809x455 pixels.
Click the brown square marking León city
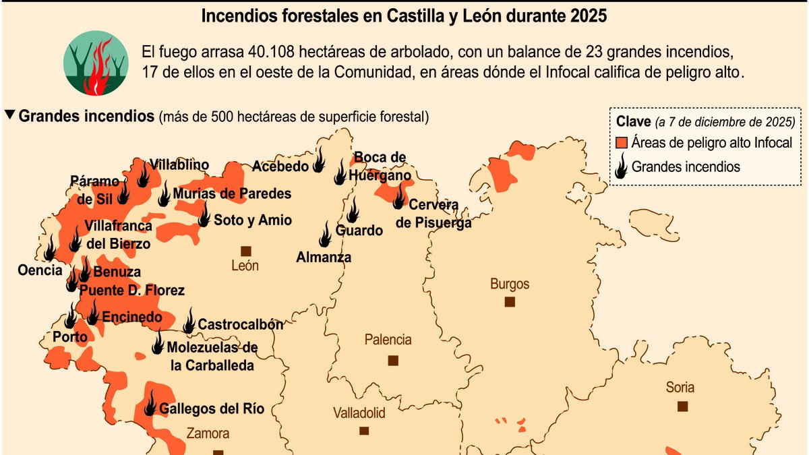click(x=245, y=250)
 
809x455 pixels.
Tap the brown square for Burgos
click(x=510, y=302)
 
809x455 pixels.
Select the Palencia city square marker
click(x=393, y=360)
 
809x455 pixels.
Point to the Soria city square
click(x=683, y=406)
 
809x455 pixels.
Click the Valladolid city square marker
click(x=364, y=430)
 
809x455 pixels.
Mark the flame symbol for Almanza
click(x=325, y=235)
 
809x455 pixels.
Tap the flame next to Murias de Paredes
click(x=164, y=193)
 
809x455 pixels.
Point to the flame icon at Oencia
click(x=49, y=249)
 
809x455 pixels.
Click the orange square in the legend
click(x=622, y=143)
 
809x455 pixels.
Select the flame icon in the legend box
click(x=622, y=166)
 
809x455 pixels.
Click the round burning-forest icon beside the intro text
click(x=96, y=63)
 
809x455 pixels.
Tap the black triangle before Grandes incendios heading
click(x=9, y=115)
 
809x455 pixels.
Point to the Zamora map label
click(x=208, y=433)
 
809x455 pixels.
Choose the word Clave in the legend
click(x=633, y=122)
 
